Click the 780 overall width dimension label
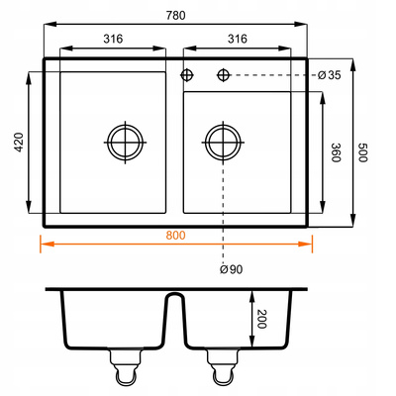(x=175, y=16)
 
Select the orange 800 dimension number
(x=175, y=236)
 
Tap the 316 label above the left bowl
(x=113, y=39)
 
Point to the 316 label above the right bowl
(x=238, y=39)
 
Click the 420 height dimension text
(x=19, y=143)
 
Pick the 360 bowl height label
(x=336, y=152)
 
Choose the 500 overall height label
(x=362, y=152)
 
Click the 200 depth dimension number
(x=261, y=319)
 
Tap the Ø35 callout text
(x=329, y=75)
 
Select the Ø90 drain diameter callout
(x=231, y=269)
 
